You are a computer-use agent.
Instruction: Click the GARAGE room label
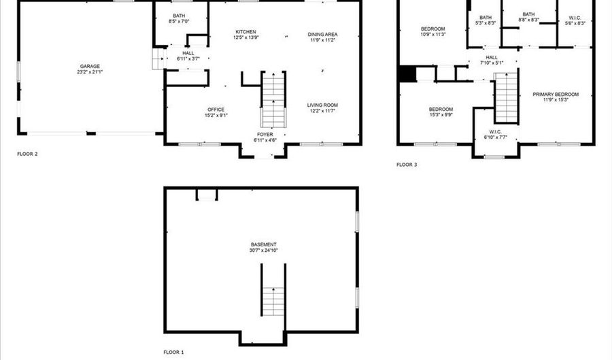[90, 67]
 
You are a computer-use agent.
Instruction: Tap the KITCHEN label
[246, 32]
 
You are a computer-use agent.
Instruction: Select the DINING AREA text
[322, 34]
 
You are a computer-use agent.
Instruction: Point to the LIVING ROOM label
[322, 105]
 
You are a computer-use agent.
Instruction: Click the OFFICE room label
[216, 110]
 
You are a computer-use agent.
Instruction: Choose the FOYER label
[265, 135]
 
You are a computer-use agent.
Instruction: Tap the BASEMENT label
[263, 245]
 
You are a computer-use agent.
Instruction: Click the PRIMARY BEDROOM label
[556, 95]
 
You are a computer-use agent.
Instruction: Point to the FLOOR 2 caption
[27, 154]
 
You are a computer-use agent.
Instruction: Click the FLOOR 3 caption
[407, 165]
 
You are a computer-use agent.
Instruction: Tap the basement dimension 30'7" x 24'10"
[263, 250]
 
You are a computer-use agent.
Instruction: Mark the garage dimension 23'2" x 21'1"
[90, 72]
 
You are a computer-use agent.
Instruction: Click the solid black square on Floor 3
[407, 73]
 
